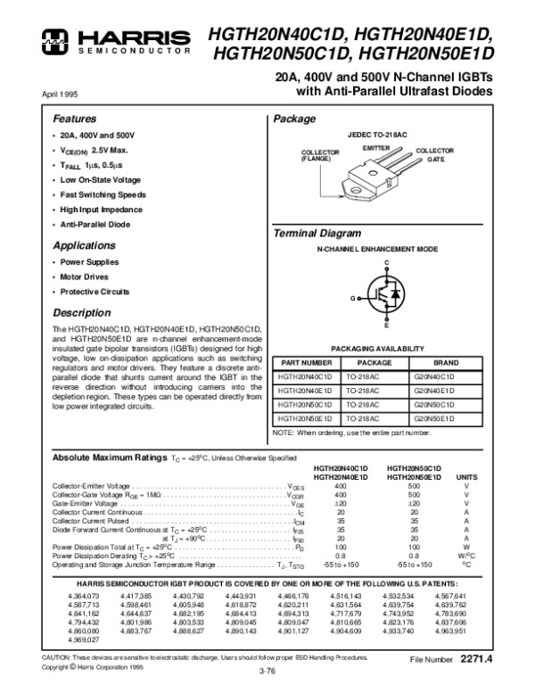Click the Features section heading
(74, 119)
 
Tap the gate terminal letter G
(353, 296)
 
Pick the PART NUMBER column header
(307, 364)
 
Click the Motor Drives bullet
(85, 278)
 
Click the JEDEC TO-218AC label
(384, 134)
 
